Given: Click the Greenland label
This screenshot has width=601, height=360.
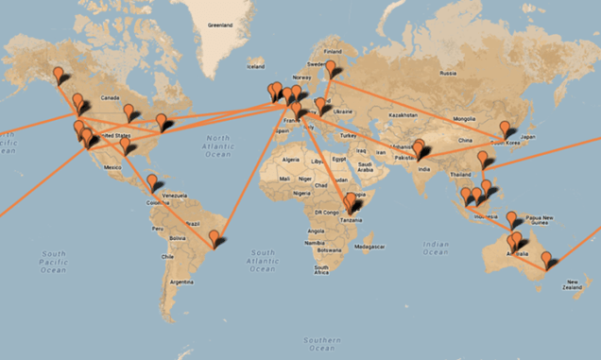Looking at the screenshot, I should pos(219,26).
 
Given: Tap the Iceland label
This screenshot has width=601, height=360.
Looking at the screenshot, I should pos(256,66).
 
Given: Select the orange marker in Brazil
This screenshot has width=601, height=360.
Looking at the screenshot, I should pos(215,238).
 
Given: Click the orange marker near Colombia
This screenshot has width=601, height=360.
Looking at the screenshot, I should pos(152,181).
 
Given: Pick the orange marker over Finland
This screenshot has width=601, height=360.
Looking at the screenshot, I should pos(333,69).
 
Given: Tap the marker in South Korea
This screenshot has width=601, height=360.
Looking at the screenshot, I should pos(505,129).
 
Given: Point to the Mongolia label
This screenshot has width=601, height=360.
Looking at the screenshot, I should pos(464,118).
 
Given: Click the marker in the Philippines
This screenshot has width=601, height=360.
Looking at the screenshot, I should pos(488,186).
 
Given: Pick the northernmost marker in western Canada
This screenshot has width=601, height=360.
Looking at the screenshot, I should pos(60,74).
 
